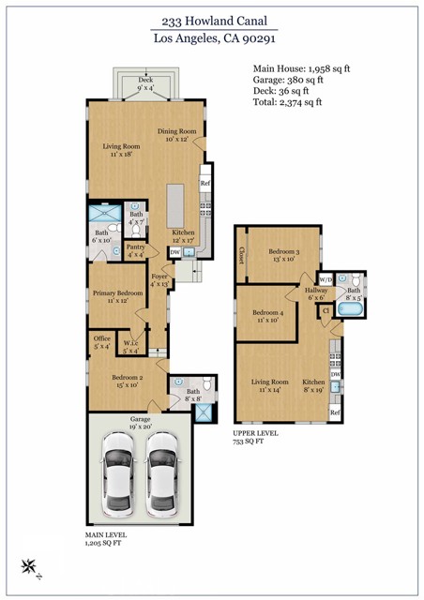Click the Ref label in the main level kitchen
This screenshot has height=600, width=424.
(204, 185)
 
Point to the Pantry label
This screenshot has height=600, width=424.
(136, 249)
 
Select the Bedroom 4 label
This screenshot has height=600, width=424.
(267, 316)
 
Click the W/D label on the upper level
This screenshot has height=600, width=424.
(326, 279)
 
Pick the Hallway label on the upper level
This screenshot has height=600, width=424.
(315, 294)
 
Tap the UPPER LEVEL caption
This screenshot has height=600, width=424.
(256, 434)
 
